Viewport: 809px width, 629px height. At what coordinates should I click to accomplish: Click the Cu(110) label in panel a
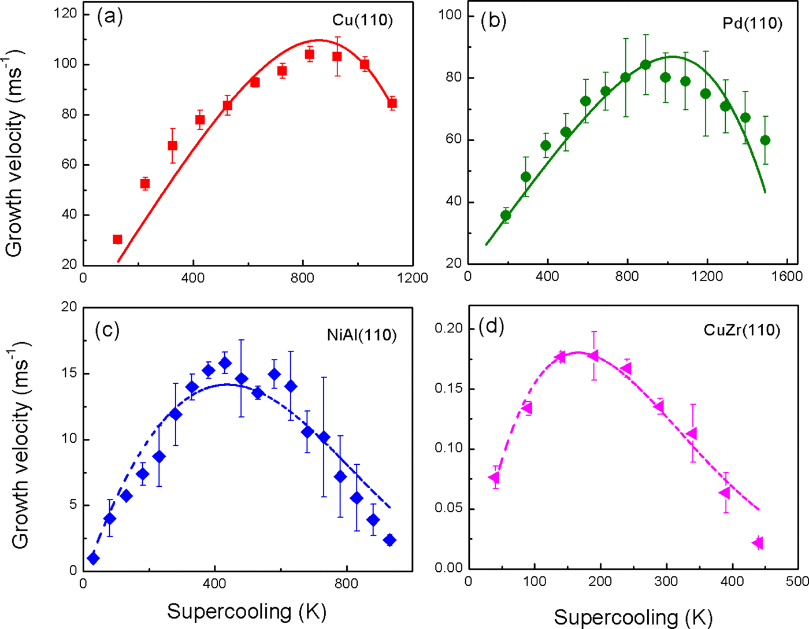click(x=362, y=20)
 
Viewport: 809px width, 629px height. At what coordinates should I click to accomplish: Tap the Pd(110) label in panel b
click(x=752, y=23)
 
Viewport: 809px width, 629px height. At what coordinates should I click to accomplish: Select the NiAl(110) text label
click(x=362, y=335)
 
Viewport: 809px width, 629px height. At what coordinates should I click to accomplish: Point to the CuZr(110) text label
click(x=742, y=330)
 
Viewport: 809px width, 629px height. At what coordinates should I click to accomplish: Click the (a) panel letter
click(x=110, y=17)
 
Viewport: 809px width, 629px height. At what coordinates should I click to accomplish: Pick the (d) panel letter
click(x=492, y=327)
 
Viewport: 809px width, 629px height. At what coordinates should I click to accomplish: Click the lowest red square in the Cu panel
click(x=117, y=239)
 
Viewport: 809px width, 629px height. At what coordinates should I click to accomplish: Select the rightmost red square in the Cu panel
click(x=392, y=104)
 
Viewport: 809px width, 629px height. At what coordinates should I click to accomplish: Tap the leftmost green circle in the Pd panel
click(x=506, y=216)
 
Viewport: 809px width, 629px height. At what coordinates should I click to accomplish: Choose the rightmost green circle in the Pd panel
click(x=765, y=140)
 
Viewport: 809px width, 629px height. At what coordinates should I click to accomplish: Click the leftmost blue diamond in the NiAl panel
click(x=93, y=558)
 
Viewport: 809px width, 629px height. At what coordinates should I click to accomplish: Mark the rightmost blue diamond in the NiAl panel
click(x=389, y=541)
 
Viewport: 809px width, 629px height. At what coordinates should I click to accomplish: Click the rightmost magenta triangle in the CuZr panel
click(x=758, y=543)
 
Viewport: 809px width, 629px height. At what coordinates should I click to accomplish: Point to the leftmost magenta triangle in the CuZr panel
click(x=494, y=478)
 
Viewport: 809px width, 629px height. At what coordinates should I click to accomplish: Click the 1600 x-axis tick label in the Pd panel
click(x=787, y=276)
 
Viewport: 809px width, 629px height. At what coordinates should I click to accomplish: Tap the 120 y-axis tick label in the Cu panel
click(x=65, y=13)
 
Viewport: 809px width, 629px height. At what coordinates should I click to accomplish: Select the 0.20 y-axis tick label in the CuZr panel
click(x=448, y=328)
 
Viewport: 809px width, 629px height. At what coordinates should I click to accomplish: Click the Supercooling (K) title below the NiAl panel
click(x=247, y=612)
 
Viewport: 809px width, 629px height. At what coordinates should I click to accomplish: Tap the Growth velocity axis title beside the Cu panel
click(x=16, y=153)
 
